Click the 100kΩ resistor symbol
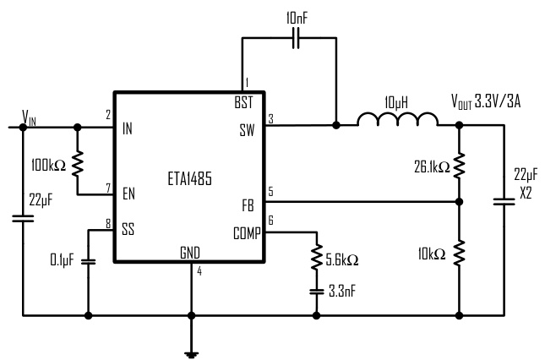pyautogui.click(x=77, y=163)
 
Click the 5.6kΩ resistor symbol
pyautogui.click(x=317, y=258)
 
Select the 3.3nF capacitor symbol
pyautogui.click(x=317, y=290)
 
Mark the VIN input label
pyautogui.click(x=29, y=117)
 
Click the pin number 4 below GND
pyautogui.click(x=199, y=271)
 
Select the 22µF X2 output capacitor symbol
pyautogui.click(x=504, y=201)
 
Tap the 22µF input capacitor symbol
pyautogui.click(x=23, y=218)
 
